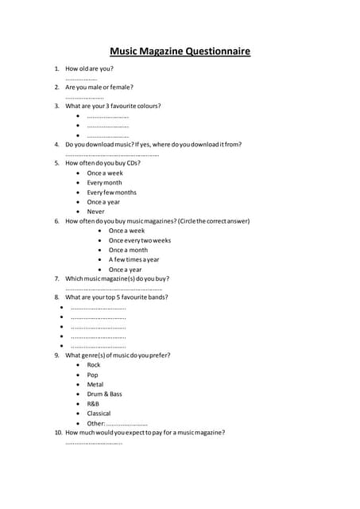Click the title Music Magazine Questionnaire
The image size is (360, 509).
[180, 52]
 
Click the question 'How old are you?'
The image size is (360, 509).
[89, 69]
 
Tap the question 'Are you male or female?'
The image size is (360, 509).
[99, 87]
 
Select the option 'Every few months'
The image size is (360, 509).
[111, 192]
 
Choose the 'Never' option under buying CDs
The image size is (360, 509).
[95, 212]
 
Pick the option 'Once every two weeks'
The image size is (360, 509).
[139, 240]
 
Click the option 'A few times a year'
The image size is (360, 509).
[134, 259]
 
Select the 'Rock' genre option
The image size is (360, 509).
[94, 365]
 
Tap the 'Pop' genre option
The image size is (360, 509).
[93, 375]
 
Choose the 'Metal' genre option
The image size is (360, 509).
[95, 384]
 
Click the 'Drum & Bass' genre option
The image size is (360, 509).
[104, 394]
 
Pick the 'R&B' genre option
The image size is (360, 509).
[93, 404]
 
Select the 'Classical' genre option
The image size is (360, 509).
[99, 414]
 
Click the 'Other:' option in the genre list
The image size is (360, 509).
[95, 423]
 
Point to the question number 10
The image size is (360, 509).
[58, 433]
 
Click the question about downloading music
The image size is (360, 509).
[153, 144]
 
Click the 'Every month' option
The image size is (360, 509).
[104, 183]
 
